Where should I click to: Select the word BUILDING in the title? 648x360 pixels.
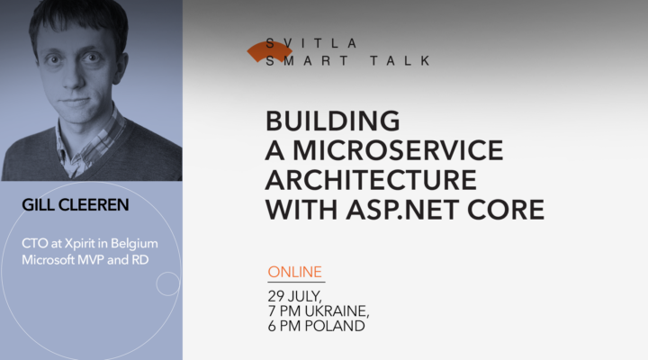[x=332, y=121]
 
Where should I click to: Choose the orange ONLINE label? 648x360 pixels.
[x=295, y=272]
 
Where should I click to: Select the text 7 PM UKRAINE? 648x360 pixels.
[x=318, y=310]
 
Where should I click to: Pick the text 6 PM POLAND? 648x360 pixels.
[x=316, y=326]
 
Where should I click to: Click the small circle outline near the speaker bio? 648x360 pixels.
[x=167, y=283]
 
